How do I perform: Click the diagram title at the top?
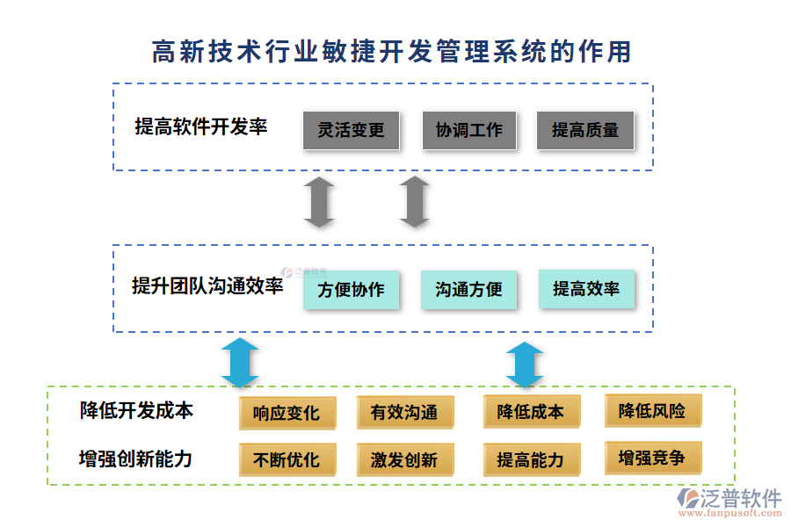coord(392,52)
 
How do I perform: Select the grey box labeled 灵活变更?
coord(351,130)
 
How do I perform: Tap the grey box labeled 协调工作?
coord(469,130)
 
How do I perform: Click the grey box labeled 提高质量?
coord(585,130)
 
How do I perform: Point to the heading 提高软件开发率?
coord(201,126)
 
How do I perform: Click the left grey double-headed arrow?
coord(319,201)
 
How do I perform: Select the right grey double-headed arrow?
coord(414,201)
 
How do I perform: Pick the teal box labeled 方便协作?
coord(351,290)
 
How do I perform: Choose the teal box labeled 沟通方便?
coord(468,290)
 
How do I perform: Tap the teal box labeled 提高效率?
coord(586,289)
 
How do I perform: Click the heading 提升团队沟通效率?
coord(207,285)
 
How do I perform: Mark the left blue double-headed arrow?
coord(239,363)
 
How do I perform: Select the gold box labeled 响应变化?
coord(287,413)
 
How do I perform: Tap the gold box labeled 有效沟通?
coord(404,413)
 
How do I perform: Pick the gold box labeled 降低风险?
coord(652,411)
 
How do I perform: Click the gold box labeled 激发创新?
coord(404,460)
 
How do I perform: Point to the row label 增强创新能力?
coord(136,458)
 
